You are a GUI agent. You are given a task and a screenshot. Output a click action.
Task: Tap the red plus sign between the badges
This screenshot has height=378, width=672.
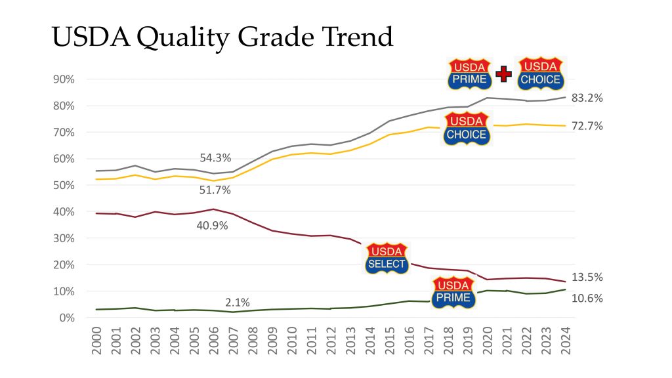pyautogui.click(x=503, y=74)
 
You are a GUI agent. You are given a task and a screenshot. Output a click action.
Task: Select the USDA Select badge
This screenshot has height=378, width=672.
pyautogui.click(x=387, y=259)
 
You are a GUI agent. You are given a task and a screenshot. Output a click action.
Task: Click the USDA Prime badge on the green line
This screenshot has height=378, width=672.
pyautogui.click(x=453, y=293)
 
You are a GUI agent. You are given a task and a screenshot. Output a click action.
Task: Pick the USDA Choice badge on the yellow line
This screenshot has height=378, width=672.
pyautogui.click(x=466, y=129)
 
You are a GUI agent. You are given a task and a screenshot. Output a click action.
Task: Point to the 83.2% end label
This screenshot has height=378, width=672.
pyautogui.click(x=587, y=98)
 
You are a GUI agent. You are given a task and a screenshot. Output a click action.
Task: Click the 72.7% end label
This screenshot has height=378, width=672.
pyautogui.click(x=587, y=126)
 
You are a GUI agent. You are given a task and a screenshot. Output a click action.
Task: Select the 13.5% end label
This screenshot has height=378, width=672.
pyautogui.click(x=587, y=278)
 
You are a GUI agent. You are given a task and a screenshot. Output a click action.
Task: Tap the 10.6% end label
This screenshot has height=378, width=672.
pyautogui.click(x=587, y=298)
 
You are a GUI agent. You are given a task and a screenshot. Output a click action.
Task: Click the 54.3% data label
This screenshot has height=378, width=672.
pyautogui.click(x=215, y=158)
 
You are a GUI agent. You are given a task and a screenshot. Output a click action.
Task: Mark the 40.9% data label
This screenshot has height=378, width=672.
pyautogui.click(x=213, y=226)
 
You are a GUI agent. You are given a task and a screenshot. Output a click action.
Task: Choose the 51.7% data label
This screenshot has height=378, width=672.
pyautogui.click(x=215, y=190)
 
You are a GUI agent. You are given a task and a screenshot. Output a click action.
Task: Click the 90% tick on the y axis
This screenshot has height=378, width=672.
pyautogui.click(x=64, y=79)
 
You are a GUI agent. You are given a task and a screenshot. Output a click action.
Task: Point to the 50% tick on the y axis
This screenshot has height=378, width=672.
pyautogui.click(x=64, y=185)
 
